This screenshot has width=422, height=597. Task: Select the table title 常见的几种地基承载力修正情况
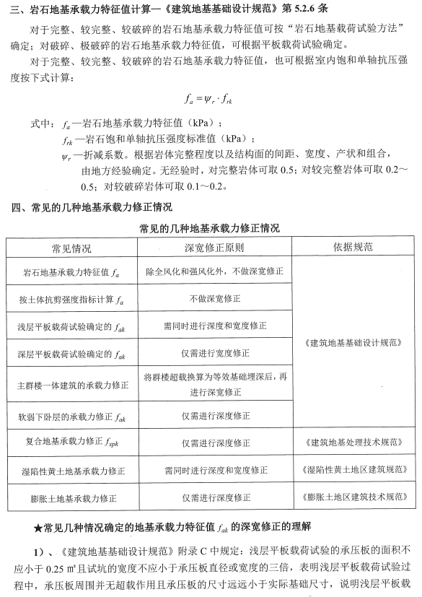pos(211,228)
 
